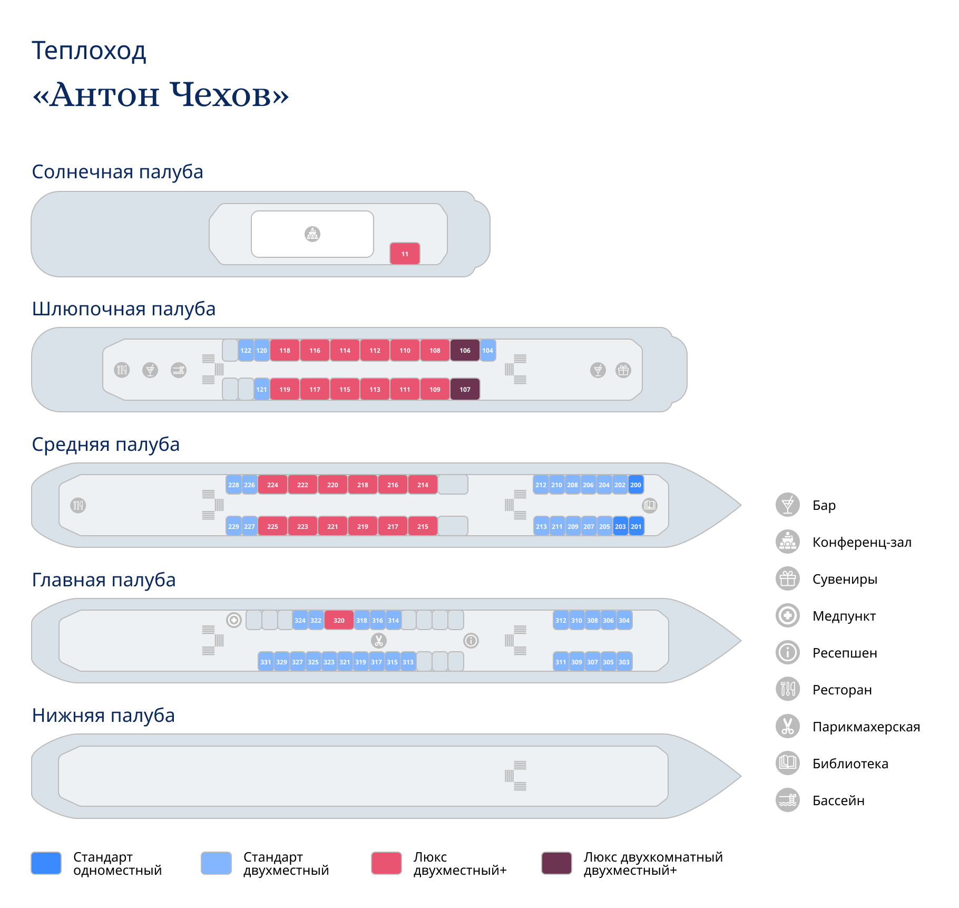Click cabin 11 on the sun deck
coord(405,254)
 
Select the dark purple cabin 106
coord(465,350)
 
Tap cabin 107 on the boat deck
coord(465,389)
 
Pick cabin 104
coord(488,350)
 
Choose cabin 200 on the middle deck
coord(636,485)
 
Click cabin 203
coord(621,526)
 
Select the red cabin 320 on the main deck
coord(339,620)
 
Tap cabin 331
coord(266,662)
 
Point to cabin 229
coord(233,526)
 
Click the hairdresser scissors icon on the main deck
coord(378,641)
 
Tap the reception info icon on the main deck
coord(471,641)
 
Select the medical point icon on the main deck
coord(233,620)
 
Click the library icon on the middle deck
coord(650,505)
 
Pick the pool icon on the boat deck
coord(179,370)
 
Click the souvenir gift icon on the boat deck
coord(623,370)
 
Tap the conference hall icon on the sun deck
coord(312,234)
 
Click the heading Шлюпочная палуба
coord(124,309)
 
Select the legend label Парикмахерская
coord(866,727)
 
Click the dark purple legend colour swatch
coord(556,863)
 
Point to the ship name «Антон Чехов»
coord(161,95)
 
